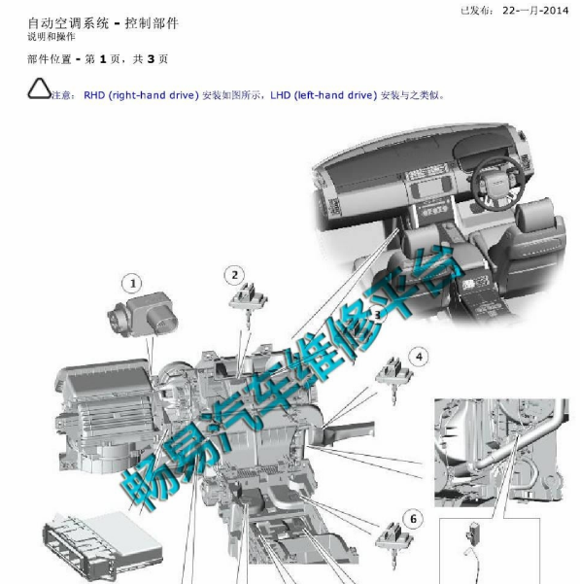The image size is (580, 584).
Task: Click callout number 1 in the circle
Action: (132, 284)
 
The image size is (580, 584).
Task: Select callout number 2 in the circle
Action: (234, 275)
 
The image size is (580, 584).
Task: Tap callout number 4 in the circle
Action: (419, 357)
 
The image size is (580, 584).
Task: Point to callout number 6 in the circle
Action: (413, 519)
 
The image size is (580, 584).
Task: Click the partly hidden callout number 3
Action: (377, 316)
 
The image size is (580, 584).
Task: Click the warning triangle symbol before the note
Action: (39, 88)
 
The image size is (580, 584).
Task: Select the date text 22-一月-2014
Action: (535, 11)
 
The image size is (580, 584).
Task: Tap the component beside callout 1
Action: (143, 315)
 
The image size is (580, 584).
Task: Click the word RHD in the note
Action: (94, 95)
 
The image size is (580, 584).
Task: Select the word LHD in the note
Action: (281, 95)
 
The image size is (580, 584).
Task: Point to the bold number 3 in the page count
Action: (151, 59)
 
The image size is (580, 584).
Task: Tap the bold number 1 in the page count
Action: (103, 59)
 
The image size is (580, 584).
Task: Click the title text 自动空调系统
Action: (68, 23)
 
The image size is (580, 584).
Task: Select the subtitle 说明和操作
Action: (51, 37)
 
